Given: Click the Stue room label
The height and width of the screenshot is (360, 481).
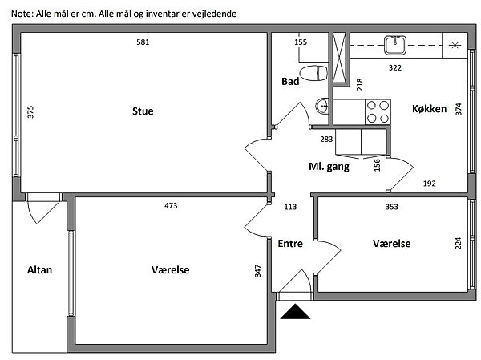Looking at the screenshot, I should pos(143,111).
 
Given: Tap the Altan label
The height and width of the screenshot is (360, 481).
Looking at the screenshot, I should pos(39,270).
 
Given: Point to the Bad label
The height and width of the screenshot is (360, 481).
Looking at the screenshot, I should pos(290,82).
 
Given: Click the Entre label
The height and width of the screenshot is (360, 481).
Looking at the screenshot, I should pos(290,244).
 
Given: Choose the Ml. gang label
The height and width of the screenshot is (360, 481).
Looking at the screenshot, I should pos(329,167).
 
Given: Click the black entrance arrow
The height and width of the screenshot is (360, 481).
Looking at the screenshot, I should pos(296,312).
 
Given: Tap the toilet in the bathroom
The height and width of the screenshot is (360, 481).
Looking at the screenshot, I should pos(318,73).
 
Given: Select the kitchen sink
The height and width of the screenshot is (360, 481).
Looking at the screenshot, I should pos(395,44).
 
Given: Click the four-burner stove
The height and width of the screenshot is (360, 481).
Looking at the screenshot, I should pos(378,111).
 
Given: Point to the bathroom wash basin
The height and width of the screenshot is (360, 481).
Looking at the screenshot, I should pos(322,105).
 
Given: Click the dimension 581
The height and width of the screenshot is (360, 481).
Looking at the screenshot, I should pos(143,42).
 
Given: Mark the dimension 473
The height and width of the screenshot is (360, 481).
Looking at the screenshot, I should pos(170,206).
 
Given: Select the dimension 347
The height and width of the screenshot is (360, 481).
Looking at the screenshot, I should pos(258,270).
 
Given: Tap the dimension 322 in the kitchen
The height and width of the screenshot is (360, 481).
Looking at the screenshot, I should pos(395,67).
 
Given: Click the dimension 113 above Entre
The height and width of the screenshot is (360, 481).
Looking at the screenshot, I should pos(290,206).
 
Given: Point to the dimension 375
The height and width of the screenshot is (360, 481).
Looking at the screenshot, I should pos(31,112).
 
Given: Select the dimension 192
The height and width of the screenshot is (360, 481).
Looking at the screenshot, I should pos(429,184).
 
